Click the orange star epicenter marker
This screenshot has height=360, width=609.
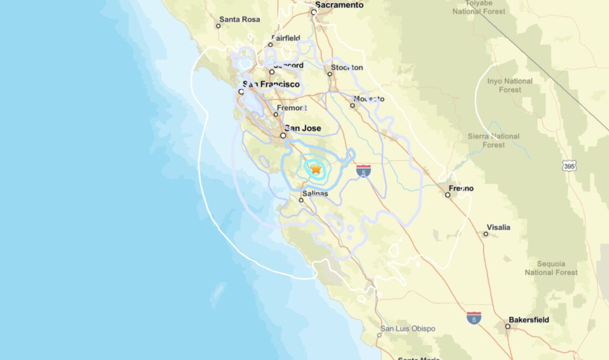coord(316,169)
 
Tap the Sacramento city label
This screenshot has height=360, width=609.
coord(339,5)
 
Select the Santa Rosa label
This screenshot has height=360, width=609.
coord(239,19)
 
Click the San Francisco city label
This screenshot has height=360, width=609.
coord(271,85)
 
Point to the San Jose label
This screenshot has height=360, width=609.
coord(303,128)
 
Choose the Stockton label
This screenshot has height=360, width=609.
coord(347,68)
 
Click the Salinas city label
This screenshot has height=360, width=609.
coord(315,193)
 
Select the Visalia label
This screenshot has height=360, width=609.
coord(498,228)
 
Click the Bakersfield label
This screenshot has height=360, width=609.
coord(530,320)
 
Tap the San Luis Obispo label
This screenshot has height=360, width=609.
coord(407,329)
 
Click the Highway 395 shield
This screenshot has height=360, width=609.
coord(569,166)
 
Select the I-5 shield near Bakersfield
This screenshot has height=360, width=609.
coord(473,318)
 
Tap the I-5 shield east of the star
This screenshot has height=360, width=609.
coord(363,171)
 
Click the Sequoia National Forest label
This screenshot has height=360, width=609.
coord(551,268)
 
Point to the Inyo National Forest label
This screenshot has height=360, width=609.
coord(509,85)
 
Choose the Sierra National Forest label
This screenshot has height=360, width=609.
coord(493,141)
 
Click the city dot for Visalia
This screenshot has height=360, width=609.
coord(486,234)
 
